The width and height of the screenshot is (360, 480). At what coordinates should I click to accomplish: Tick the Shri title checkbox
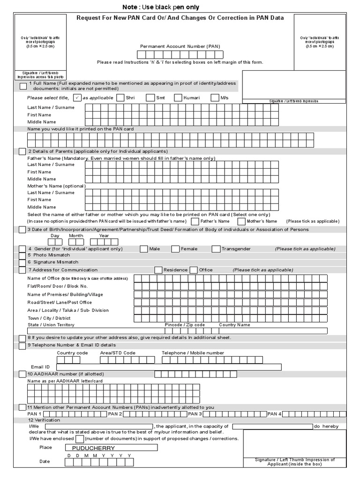coord(120,97)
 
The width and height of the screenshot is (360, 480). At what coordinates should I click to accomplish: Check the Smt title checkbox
coord(150,97)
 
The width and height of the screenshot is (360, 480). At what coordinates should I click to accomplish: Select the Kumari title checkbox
coord(178,97)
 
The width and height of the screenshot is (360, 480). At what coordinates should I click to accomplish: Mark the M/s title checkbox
coord(215,97)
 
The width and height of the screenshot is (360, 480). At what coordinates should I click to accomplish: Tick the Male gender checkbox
coord(143,249)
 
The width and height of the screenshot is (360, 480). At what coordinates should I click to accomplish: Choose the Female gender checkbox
coord(175,249)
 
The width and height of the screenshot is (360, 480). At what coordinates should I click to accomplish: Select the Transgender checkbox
coord(216,249)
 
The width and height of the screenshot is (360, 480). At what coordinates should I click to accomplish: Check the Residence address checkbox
coord(158,270)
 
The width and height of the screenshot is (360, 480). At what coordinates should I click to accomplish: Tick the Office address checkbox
coord(194,270)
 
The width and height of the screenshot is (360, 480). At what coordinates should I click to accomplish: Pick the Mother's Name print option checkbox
coord(241,221)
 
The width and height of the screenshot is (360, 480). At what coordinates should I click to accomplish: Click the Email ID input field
coord(169,367)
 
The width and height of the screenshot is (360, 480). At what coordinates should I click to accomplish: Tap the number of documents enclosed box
coord(80,439)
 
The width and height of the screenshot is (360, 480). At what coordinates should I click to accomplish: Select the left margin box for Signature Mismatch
coord(22,262)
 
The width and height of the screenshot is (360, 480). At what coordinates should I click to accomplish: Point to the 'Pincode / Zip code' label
coord(185,325)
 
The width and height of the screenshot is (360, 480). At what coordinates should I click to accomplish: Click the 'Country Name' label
coord(234,325)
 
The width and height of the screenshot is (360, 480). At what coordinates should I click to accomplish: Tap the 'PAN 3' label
coord(195,414)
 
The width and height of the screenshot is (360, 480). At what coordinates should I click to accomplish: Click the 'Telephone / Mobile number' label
coord(193,353)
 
